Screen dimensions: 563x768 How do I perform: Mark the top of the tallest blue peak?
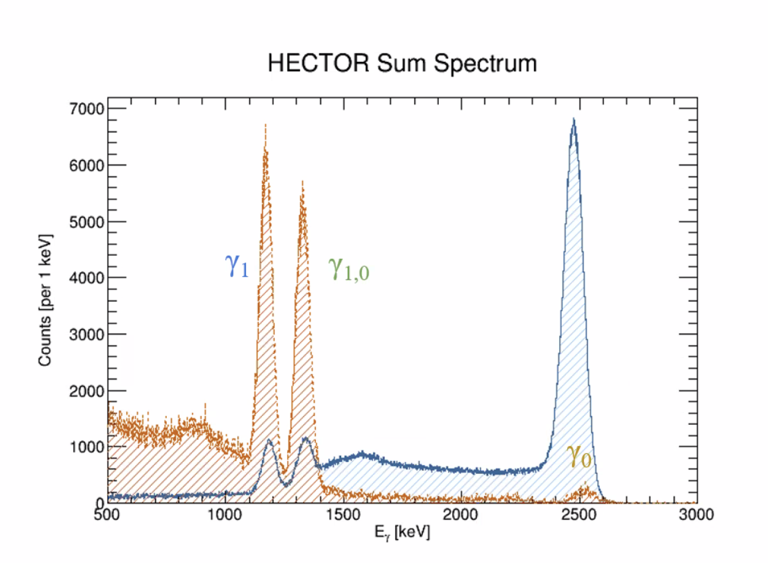[x=573, y=120]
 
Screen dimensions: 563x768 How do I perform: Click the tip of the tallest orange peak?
[x=265, y=124]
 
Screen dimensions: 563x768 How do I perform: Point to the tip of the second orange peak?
[x=303, y=181]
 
